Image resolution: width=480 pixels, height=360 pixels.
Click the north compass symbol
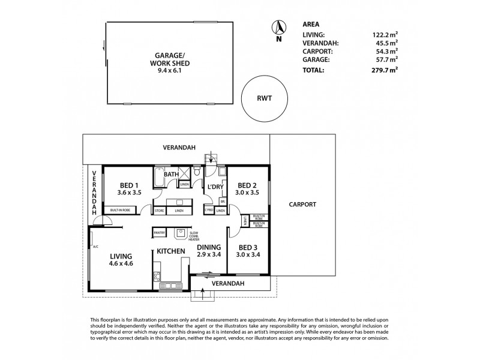pyautogui.click(x=278, y=27)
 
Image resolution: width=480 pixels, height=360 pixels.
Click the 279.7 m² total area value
pyautogui.click(x=383, y=70)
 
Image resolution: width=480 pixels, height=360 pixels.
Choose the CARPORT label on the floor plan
pyautogui.click(x=302, y=205)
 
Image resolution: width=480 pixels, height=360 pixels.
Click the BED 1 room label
pyautogui.click(x=128, y=185)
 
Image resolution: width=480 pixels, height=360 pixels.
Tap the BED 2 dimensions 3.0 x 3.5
pyautogui.click(x=247, y=193)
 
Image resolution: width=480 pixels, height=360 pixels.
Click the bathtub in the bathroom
pyautogui.click(x=159, y=178)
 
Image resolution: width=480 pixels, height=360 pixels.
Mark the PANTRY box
pyautogui.click(x=159, y=232)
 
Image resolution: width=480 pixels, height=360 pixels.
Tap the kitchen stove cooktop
pyautogui.click(x=157, y=277)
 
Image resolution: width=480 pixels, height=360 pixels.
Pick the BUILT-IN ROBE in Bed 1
pyautogui.click(x=122, y=210)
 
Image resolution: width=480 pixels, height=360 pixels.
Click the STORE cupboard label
pyautogui.click(x=160, y=211)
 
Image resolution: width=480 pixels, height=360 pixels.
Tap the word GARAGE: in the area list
pyautogui.click(x=316, y=61)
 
